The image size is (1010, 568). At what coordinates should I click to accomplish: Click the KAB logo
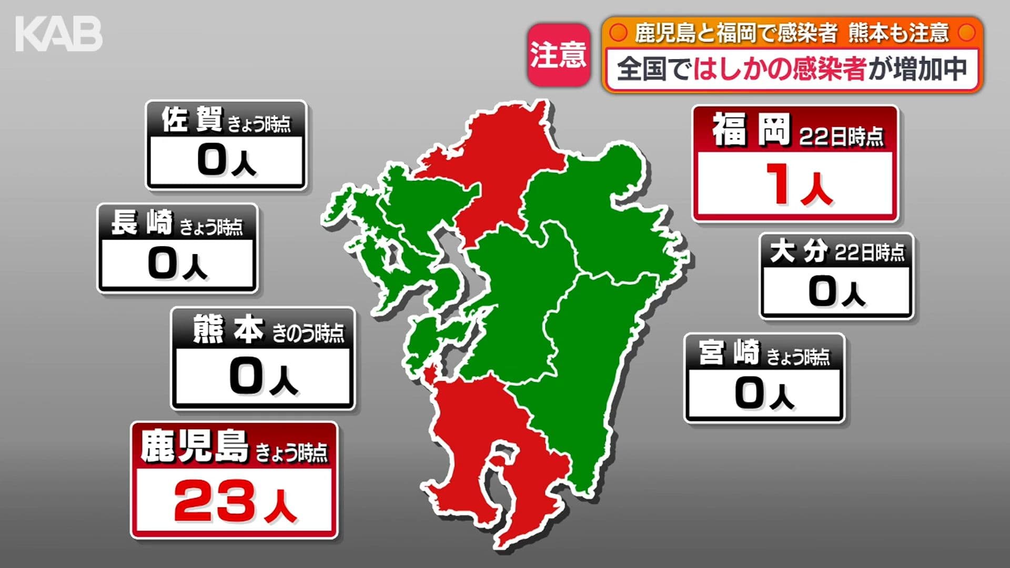pyautogui.click(x=59, y=35)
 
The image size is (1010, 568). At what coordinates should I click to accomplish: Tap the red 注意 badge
pyautogui.click(x=558, y=55)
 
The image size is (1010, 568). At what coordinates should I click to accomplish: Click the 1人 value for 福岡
pyautogui.click(x=797, y=185)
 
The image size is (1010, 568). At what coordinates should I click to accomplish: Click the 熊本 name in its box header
pyautogui.click(x=228, y=330)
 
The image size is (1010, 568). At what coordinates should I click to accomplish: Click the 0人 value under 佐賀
pyautogui.click(x=226, y=160)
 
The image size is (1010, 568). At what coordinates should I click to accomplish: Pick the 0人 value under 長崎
pyautogui.click(x=177, y=263)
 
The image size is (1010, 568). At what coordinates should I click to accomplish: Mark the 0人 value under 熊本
pyautogui.click(x=263, y=377)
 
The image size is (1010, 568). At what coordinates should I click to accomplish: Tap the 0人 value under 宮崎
pyautogui.click(x=764, y=394)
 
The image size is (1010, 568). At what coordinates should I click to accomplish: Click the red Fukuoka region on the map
pyautogui.click(x=500, y=163)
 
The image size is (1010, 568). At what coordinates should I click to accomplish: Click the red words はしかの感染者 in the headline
pyautogui.click(x=779, y=69)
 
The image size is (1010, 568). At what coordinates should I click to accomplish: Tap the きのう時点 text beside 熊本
pyautogui.click(x=308, y=333)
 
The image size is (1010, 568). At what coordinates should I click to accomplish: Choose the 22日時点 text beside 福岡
pyautogui.click(x=841, y=137)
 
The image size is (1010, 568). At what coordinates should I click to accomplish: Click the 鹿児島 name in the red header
pyautogui.click(x=194, y=447)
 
